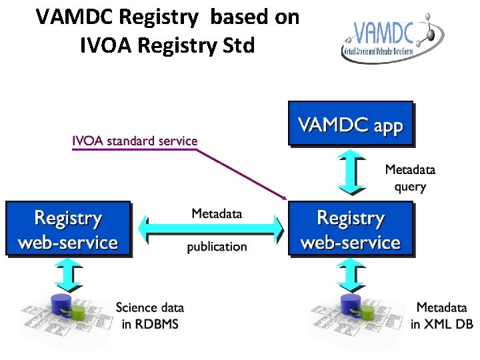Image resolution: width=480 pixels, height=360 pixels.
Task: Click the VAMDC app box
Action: (350, 123)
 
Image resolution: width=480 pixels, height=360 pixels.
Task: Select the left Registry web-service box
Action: (68, 229)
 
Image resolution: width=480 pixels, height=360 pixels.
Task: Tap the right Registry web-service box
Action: (351, 229)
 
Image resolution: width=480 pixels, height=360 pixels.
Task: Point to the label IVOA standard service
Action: (135, 141)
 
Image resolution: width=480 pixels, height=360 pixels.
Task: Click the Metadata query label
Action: (410, 178)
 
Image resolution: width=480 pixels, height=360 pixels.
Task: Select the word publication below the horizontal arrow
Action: (217, 247)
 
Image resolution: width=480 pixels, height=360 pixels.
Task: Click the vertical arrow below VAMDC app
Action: (351, 173)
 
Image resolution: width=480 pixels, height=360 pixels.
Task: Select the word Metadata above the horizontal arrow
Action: (217, 213)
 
